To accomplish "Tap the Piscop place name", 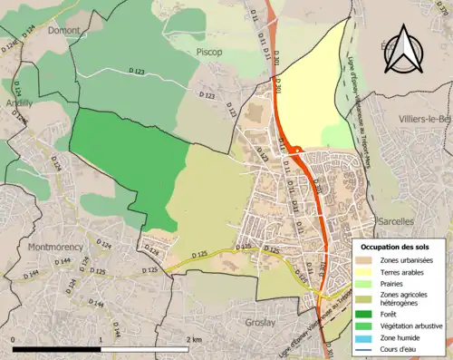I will [209, 53].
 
